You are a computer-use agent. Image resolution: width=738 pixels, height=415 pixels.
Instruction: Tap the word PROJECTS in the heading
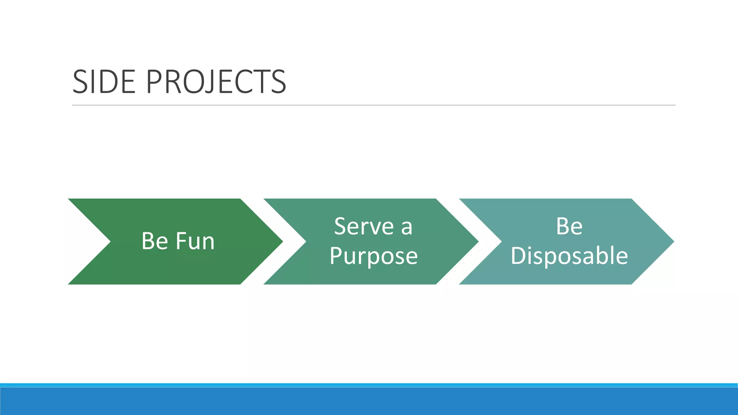(216, 82)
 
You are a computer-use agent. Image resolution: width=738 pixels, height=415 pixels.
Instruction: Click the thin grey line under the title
(373, 105)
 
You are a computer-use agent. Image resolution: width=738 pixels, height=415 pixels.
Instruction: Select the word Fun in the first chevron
(195, 241)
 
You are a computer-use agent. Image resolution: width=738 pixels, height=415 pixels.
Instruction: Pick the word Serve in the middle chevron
(364, 227)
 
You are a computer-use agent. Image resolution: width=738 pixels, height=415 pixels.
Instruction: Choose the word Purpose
(373, 256)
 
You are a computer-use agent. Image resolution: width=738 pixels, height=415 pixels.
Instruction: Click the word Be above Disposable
(569, 227)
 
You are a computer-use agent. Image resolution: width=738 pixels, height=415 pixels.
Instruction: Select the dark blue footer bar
(369, 401)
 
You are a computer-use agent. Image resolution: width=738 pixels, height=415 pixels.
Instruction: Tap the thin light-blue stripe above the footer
(369, 385)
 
